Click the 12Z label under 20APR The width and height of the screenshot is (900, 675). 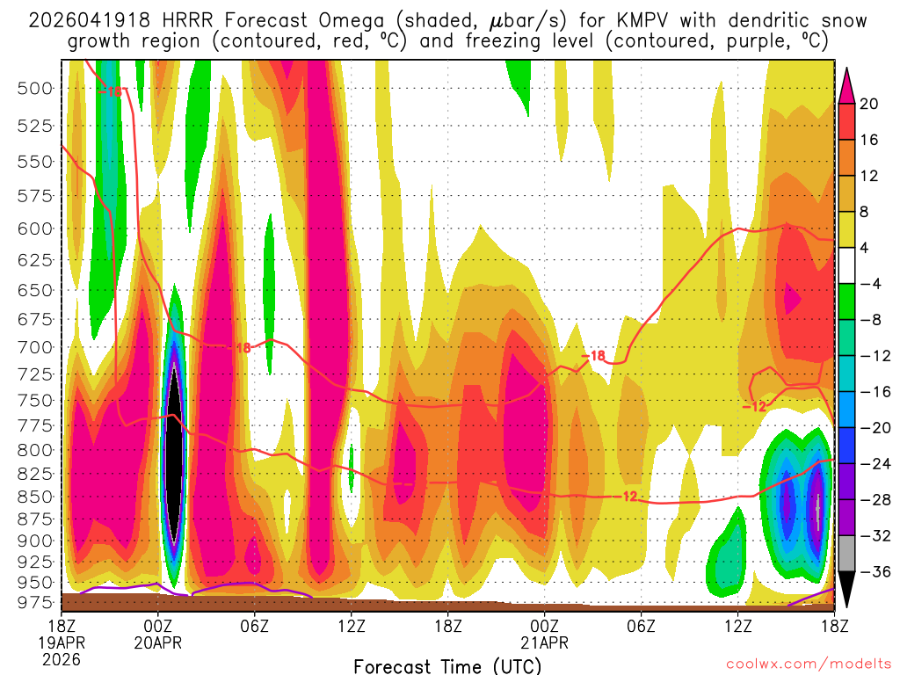coord(351,626)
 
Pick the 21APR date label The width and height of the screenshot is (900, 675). coord(544,642)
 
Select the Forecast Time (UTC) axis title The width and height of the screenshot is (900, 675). coord(448,665)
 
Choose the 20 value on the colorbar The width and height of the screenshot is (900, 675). coord(869,104)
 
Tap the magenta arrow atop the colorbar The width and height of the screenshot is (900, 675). coord(846,84)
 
